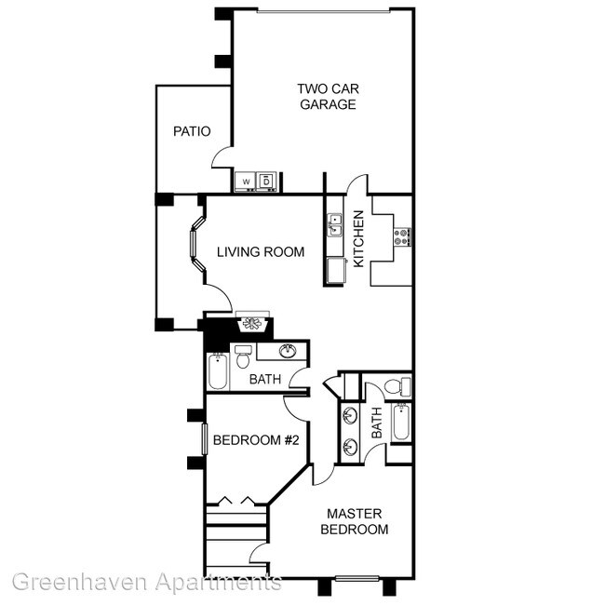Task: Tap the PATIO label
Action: tap(192, 131)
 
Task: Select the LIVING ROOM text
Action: tap(261, 251)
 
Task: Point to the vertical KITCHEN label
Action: tap(358, 238)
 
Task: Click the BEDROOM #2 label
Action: tap(248, 440)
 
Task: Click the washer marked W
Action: tap(246, 181)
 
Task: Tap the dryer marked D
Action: tap(266, 180)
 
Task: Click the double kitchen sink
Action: tap(334, 225)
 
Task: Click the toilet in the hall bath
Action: tap(243, 356)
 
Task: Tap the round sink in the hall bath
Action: tap(289, 351)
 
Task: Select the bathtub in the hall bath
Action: tap(216, 371)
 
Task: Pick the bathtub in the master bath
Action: tap(400, 423)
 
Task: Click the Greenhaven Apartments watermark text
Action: tap(146, 584)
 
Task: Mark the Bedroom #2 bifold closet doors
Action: tap(236, 501)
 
